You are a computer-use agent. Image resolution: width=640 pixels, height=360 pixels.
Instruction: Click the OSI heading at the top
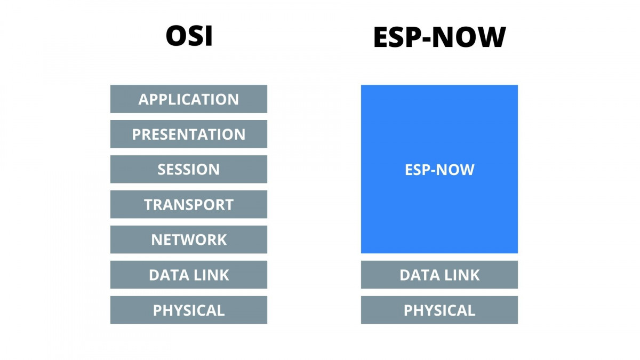pyautogui.click(x=189, y=36)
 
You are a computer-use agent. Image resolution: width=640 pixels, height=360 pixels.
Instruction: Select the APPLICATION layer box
pyautogui.click(x=189, y=99)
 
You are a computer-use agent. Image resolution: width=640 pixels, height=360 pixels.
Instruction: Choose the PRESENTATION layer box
pyautogui.click(x=189, y=134)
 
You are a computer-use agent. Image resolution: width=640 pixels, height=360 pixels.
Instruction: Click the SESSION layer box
pyautogui.click(x=189, y=170)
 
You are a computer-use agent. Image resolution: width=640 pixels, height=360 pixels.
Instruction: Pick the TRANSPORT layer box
pyautogui.click(x=189, y=205)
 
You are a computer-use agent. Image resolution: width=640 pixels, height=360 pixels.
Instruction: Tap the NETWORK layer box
pyautogui.click(x=189, y=240)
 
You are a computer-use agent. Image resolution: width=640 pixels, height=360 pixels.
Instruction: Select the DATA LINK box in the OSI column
pyautogui.click(x=189, y=275)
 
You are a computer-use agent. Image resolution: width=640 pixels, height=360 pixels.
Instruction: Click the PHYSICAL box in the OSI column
pyautogui.click(x=189, y=310)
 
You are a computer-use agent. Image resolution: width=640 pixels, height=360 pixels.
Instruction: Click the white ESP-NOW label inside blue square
pyautogui.click(x=439, y=170)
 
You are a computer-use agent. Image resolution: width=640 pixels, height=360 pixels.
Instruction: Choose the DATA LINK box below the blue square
pyautogui.click(x=439, y=275)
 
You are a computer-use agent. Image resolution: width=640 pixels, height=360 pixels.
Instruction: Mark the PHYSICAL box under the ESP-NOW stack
pyautogui.click(x=439, y=310)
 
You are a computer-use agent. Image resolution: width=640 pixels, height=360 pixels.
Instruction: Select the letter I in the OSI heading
pyautogui.click(x=208, y=36)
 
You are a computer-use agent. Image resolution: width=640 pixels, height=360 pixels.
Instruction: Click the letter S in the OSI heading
pyautogui.click(x=194, y=36)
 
